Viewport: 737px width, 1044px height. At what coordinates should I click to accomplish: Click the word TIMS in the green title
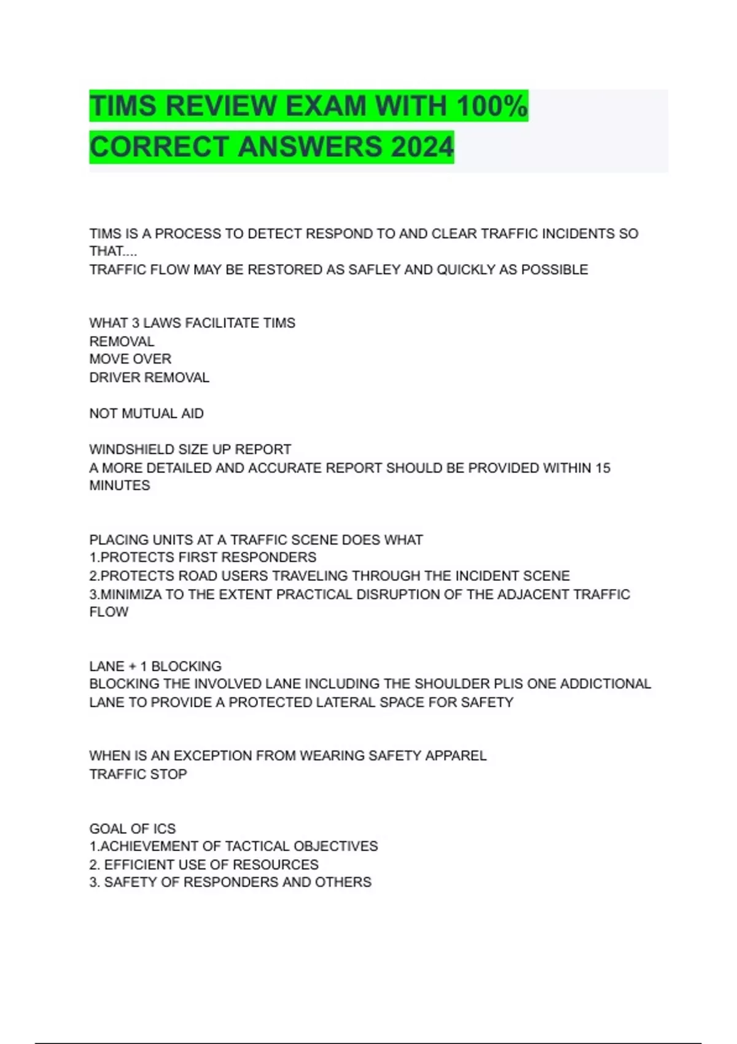click(x=123, y=106)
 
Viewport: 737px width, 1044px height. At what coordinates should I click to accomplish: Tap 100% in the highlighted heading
click(x=492, y=106)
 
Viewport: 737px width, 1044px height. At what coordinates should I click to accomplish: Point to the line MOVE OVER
click(x=130, y=359)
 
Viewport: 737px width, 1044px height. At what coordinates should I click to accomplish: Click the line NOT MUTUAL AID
click(x=146, y=413)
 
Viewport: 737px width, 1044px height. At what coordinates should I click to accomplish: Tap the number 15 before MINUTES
click(x=602, y=468)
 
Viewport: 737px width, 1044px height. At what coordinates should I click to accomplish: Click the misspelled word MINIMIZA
click(x=130, y=594)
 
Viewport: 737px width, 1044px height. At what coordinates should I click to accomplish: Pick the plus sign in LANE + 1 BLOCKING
click(x=133, y=666)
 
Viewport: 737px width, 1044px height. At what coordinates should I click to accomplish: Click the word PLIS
click(x=508, y=684)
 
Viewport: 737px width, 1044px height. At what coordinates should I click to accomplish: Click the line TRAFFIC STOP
click(x=138, y=774)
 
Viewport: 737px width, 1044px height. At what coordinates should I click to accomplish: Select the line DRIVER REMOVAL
click(x=149, y=377)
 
